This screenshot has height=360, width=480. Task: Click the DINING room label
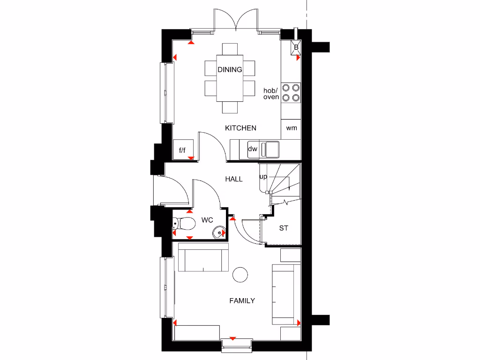[230, 70]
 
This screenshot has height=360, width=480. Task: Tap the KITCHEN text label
[240, 128]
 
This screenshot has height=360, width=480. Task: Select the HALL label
[233, 179]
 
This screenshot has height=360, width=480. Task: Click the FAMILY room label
[242, 300]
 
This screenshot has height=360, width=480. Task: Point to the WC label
[207, 220]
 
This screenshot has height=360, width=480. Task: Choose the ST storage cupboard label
[284, 228]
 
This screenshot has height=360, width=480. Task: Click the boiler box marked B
[296, 47]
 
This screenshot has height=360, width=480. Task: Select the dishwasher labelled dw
[253, 150]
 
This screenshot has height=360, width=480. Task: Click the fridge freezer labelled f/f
[182, 150]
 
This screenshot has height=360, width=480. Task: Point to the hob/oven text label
[271, 94]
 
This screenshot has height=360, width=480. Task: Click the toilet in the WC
[185, 224]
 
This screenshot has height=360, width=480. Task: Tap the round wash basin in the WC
[218, 232]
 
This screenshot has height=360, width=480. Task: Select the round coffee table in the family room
[240, 275]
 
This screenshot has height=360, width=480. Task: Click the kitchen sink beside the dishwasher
[270, 149]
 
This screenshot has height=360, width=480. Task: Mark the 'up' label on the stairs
[263, 177]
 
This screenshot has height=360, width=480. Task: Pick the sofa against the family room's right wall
[286, 294]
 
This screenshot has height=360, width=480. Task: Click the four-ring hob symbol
[291, 92]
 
